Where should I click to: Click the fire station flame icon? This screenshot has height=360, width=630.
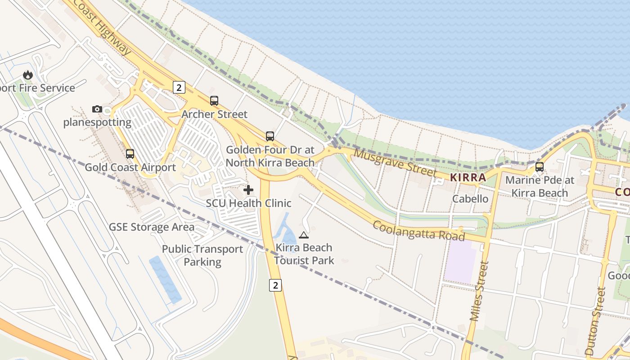[x=28, y=75]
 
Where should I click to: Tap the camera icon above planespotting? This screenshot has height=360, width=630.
[x=97, y=109]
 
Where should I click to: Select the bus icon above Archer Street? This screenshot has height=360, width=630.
[x=214, y=101]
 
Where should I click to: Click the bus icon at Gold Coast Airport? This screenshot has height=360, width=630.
[x=130, y=154]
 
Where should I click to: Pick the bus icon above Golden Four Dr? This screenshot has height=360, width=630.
[x=270, y=136]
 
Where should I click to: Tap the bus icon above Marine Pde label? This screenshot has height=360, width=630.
[x=540, y=167]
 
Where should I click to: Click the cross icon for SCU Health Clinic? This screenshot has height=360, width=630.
[x=248, y=190]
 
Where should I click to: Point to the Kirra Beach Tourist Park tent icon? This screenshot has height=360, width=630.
[x=304, y=234]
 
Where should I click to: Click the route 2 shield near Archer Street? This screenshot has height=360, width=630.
[x=179, y=87]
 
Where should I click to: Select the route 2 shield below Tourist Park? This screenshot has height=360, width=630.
[x=275, y=285]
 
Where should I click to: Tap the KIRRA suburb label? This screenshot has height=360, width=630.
[x=468, y=177]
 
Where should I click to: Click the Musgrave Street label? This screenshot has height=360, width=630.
[x=395, y=162]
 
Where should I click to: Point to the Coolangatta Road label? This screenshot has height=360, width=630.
[x=418, y=230]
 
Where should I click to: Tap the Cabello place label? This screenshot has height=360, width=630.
[x=470, y=198]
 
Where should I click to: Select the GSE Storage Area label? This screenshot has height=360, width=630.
[x=152, y=227]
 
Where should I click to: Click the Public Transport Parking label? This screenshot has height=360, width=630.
[x=202, y=255]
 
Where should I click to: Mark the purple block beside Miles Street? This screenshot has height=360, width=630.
[x=460, y=261]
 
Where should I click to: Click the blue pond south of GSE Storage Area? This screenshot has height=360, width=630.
[x=165, y=279]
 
